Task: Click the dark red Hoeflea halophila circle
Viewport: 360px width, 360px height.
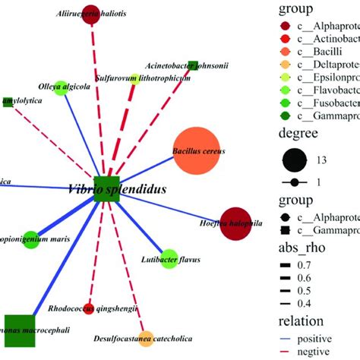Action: point(235,223)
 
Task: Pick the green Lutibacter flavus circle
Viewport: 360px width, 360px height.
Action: point(169,257)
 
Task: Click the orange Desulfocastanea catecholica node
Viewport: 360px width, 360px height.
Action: point(146,338)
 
